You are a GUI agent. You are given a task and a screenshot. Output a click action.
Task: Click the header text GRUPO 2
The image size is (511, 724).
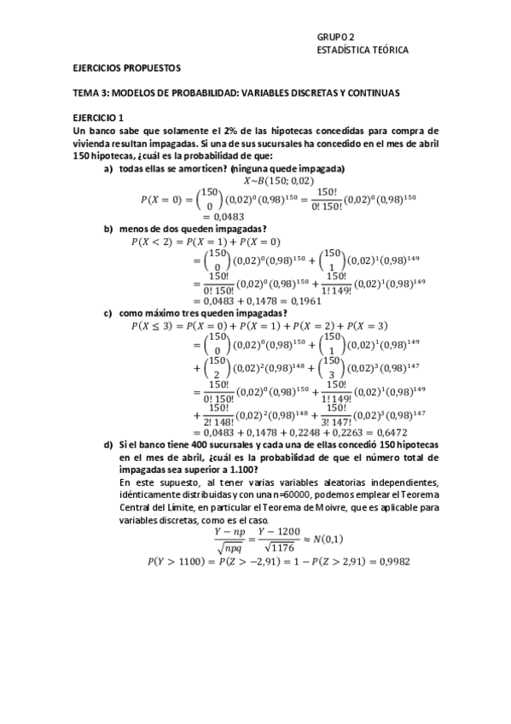pyautogui.click(x=334, y=37)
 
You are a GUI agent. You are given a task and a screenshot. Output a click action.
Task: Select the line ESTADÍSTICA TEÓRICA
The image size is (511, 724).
pyautogui.click(x=362, y=50)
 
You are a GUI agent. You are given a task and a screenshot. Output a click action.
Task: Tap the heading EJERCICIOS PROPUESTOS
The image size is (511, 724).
pyautogui.click(x=126, y=67)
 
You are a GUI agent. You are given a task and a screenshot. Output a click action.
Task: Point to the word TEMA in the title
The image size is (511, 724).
pyautogui.click(x=86, y=91)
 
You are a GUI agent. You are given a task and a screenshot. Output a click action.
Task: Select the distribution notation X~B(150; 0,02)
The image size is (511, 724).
pyautogui.click(x=278, y=181)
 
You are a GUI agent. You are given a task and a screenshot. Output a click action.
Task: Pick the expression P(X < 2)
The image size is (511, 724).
pyautogui.click(x=154, y=242)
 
